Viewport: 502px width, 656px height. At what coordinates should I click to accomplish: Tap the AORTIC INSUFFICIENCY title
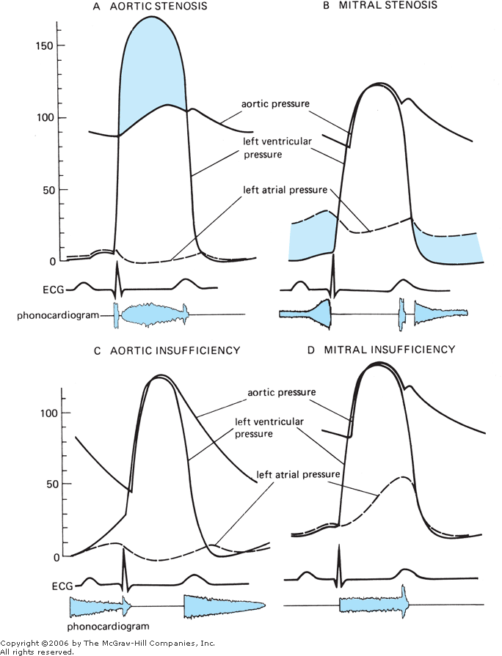(175, 350)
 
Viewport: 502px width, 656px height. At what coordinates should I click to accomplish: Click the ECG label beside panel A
(53, 290)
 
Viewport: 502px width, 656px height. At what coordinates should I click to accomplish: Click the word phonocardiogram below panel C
(107, 627)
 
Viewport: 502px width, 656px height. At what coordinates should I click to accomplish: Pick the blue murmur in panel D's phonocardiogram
(373, 605)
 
